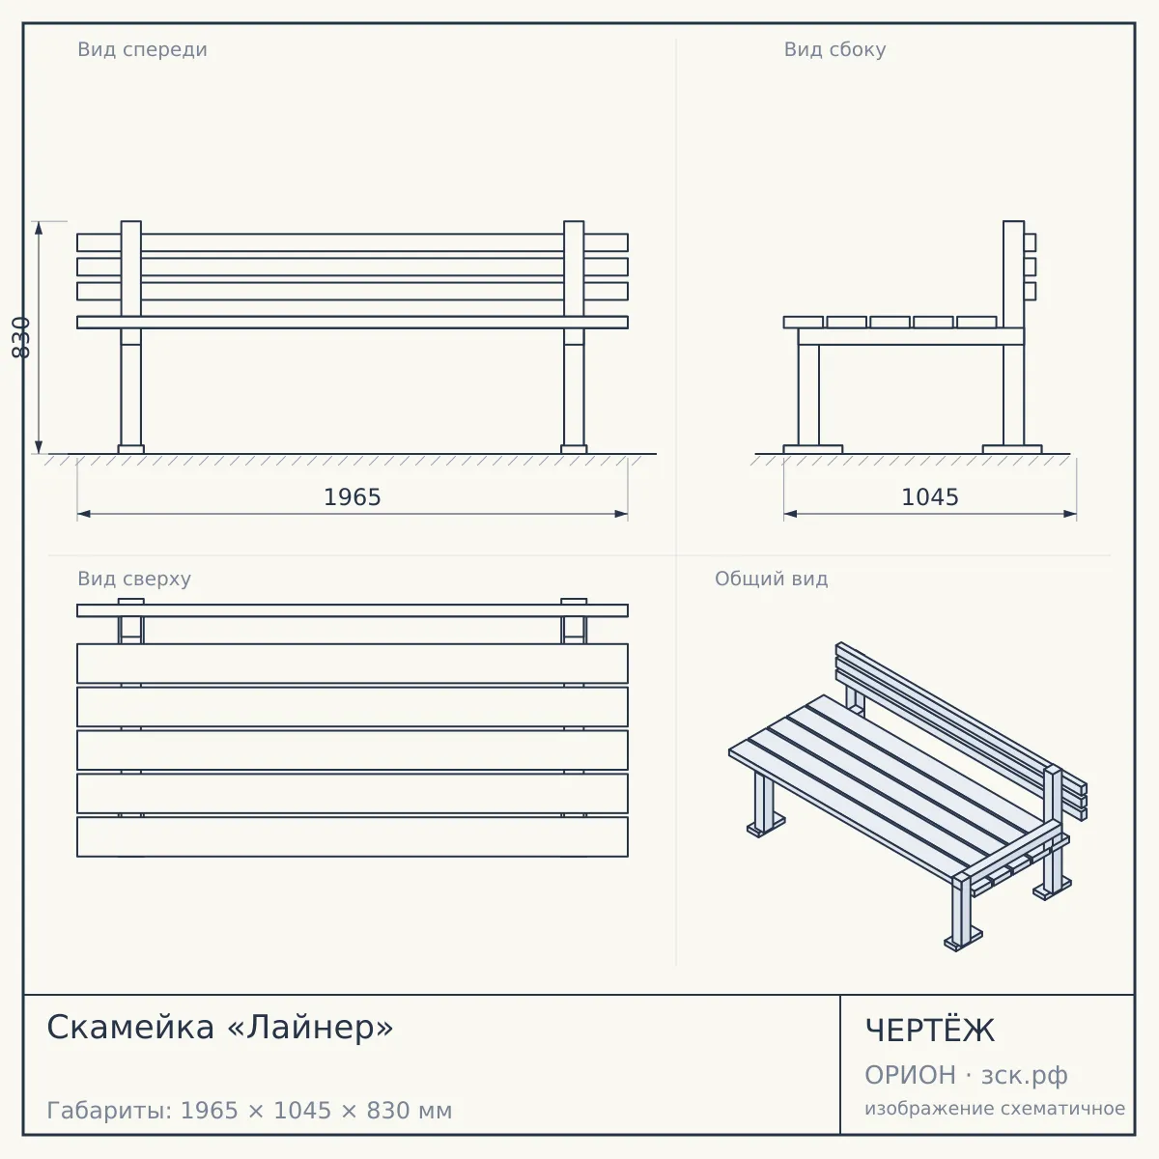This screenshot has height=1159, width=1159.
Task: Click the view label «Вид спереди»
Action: (x=143, y=50)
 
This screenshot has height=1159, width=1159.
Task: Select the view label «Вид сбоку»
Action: (x=834, y=50)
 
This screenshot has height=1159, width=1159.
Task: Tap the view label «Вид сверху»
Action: (x=134, y=579)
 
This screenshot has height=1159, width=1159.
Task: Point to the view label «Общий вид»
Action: (x=771, y=579)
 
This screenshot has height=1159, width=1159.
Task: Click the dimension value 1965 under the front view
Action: (x=353, y=497)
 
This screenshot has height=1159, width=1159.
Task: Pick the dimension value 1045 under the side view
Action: (x=930, y=497)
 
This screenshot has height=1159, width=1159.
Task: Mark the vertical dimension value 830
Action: (x=21, y=337)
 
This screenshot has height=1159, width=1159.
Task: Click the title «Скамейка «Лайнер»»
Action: (x=220, y=1028)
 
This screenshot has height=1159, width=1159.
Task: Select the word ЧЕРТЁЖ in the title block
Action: (x=930, y=1031)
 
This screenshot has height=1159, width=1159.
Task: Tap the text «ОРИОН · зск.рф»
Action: (x=966, y=1075)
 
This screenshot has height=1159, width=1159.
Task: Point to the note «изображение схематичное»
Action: (x=995, y=1109)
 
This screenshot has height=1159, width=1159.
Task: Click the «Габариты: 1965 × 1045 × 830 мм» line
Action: (x=249, y=1111)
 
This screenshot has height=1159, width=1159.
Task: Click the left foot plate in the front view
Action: (x=131, y=449)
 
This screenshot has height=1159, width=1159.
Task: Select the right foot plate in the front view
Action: (x=574, y=449)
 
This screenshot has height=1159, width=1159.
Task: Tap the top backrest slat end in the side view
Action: (x=1030, y=242)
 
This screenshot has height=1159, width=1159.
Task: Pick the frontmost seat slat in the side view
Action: (x=803, y=323)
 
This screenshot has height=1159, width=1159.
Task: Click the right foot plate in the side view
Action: (x=1012, y=449)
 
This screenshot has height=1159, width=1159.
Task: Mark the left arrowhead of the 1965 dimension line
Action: (x=84, y=514)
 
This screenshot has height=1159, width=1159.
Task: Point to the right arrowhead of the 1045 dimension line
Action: (x=1070, y=514)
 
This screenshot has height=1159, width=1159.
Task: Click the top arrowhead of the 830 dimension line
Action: (x=39, y=228)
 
